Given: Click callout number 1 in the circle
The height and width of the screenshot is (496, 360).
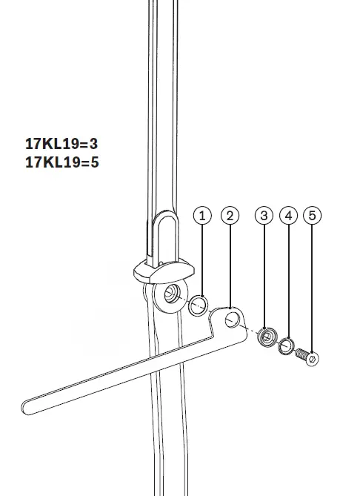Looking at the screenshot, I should click(x=201, y=216).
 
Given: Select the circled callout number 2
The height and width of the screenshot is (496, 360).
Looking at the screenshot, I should click(x=230, y=216).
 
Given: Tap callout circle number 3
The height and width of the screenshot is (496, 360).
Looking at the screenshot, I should click(x=264, y=216).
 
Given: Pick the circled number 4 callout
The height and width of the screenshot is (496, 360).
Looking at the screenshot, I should click(x=289, y=216).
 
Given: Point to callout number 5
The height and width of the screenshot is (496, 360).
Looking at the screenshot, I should click(x=313, y=216).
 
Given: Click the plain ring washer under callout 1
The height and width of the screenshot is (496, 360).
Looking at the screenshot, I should click(x=198, y=305).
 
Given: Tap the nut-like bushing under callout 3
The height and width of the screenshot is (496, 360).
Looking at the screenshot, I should click(x=265, y=338).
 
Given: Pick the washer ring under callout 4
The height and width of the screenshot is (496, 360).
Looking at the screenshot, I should click(x=287, y=346).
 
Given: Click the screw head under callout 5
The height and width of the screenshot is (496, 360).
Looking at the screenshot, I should click(x=313, y=359).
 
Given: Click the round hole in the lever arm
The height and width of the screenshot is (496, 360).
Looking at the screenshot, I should click(x=233, y=320).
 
